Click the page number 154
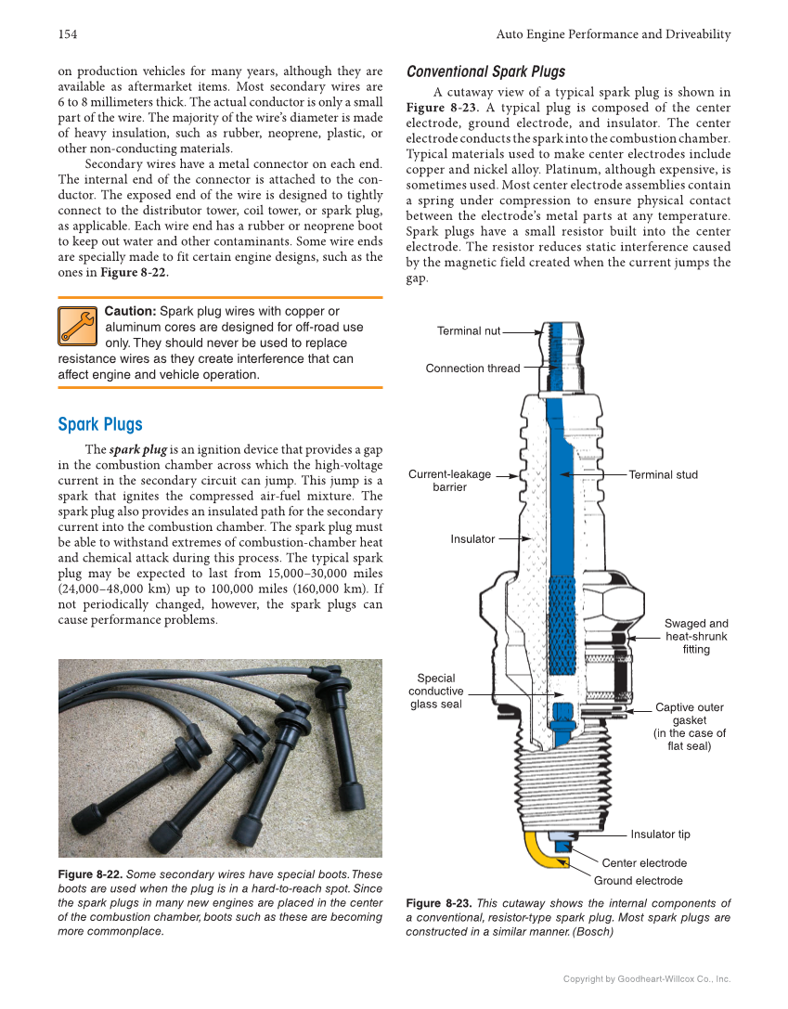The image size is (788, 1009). [x=67, y=34]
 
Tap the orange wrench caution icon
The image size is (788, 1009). [x=77, y=325]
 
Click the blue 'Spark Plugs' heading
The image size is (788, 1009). [x=100, y=424]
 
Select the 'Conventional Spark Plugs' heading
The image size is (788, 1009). [x=485, y=71]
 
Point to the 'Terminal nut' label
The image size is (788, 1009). [x=469, y=330]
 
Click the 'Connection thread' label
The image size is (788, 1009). [x=472, y=369]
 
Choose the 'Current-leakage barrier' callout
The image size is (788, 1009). [x=450, y=481]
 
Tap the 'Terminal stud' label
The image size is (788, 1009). [x=663, y=475]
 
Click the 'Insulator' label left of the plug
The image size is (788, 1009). [x=472, y=539]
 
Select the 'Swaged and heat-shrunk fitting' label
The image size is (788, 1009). [x=696, y=637]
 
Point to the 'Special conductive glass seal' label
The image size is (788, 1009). [x=435, y=692]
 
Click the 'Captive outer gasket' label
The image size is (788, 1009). [x=690, y=727]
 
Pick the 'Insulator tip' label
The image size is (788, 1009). [x=660, y=834]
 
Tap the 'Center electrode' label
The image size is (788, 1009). [x=644, y=863]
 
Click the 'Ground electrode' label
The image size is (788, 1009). [x=638, y=881]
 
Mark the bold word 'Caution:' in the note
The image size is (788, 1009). [x=130, y=311]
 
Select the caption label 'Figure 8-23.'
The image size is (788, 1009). [x=438, y=903]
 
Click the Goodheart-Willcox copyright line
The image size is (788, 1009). [x=647, y=978]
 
